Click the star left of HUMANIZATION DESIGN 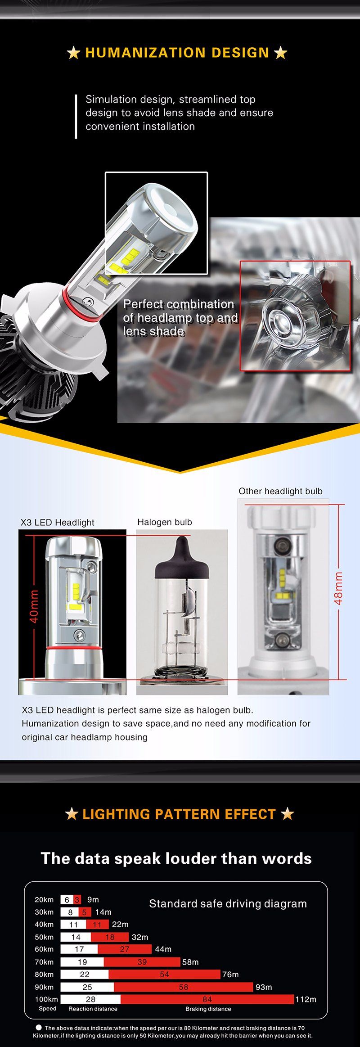(73, 53)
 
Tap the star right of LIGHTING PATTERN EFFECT (287, 814)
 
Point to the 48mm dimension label (338, 588)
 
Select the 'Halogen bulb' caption (165, 522)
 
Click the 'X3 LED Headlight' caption (58, 522)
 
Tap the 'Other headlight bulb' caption (280, 491)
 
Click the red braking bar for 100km (207, 999)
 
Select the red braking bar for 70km (142, 961)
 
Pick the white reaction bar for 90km (87, 987)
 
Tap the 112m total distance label (306, 999)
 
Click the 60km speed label (44, 949)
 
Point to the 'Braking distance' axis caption (208, 1009)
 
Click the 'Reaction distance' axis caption (93, 1009)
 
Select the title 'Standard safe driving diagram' (228, 903)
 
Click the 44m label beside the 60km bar (163, 949)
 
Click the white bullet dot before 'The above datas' (39, 1027)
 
